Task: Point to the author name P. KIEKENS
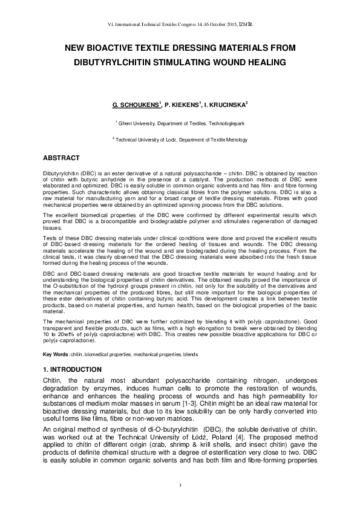(x=183, y=105)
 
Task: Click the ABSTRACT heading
(x=61, y=158)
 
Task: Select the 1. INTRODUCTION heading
(x=73, y=369)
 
